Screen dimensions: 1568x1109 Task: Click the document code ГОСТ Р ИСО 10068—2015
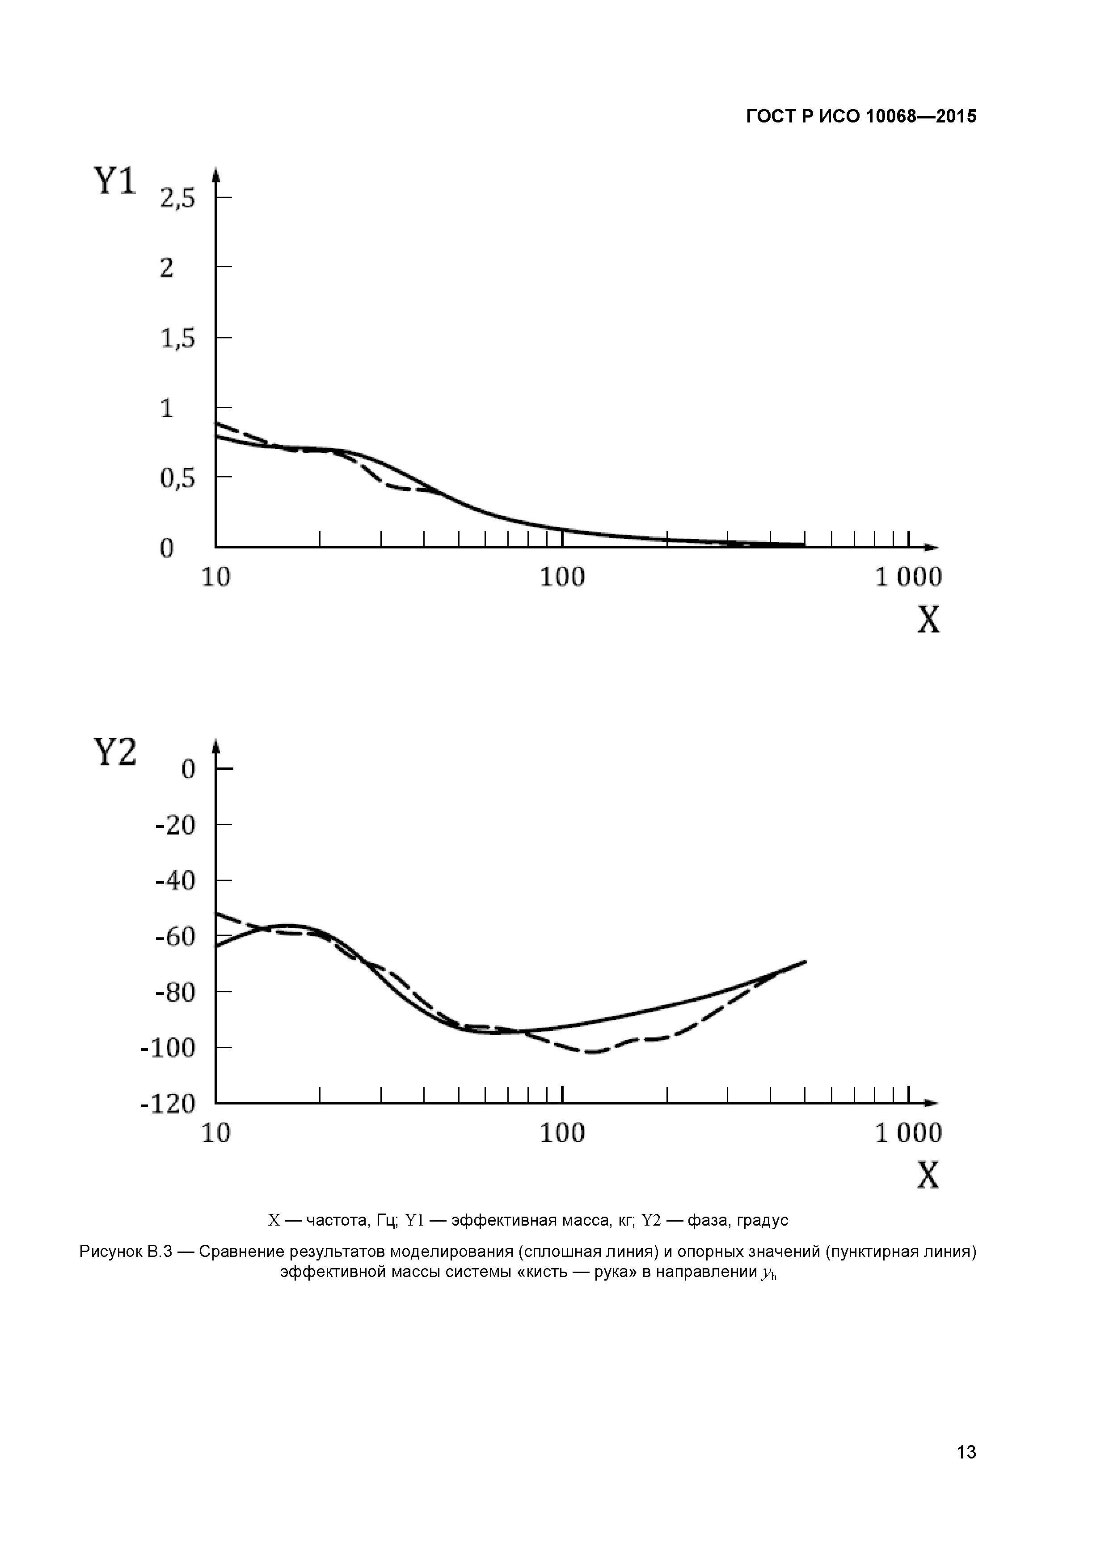(x=860, y=117)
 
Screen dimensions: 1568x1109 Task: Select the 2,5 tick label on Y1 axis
(x=177, y=199)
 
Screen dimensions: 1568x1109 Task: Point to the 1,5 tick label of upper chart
(x=177, y=339)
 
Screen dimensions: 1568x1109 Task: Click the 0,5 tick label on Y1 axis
(x=177, y=479)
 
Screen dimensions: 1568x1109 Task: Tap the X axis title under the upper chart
(x=928, y=620)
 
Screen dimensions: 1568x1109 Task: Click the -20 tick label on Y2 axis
(x=176, y=826)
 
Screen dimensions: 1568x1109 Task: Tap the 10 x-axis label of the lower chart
(x=216, y=1134)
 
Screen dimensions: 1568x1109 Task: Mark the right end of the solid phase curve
(x=805, y=961)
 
